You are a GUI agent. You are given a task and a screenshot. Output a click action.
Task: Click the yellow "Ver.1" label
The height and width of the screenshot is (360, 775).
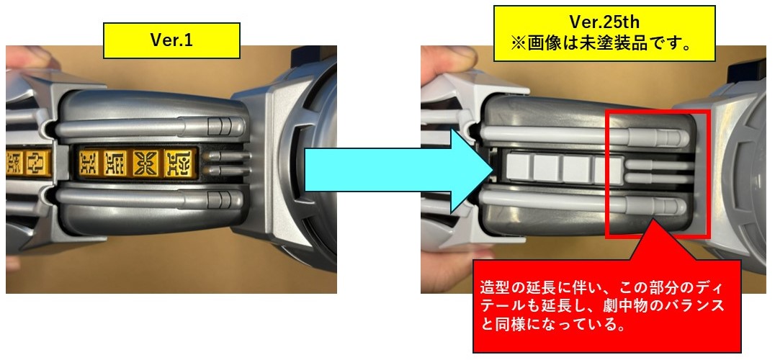point(171,40)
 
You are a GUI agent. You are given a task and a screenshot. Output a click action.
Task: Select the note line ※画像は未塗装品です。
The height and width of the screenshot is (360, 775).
point(604,44)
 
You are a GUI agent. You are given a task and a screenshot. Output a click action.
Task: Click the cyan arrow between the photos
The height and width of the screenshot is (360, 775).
point(396,171)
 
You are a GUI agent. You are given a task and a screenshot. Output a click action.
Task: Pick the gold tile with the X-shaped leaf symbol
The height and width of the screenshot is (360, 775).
point(146,163)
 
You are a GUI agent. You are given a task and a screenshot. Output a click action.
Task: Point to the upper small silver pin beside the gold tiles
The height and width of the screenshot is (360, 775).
point(227,156)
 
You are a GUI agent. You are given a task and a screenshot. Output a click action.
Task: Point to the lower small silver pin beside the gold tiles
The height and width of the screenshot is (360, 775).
point(227,171)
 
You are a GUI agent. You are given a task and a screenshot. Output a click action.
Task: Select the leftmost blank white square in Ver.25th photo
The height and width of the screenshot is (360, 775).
point(519,168)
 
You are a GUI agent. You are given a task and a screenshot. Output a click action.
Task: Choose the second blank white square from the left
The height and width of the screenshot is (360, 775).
point(548,168)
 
